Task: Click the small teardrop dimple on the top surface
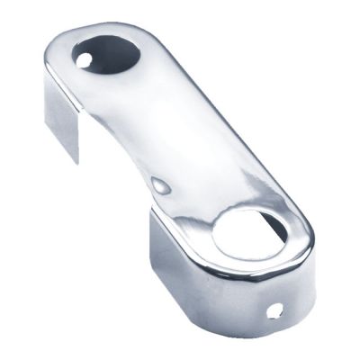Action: click(x=162, y=185)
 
